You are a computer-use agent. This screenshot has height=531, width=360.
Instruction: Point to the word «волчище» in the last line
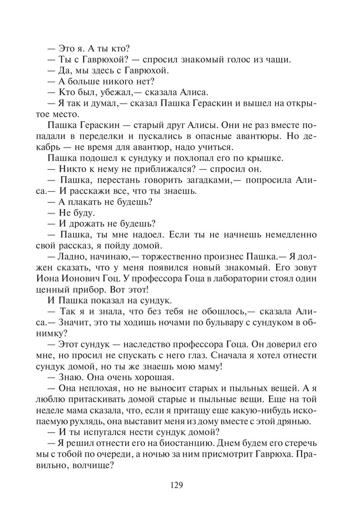point(93,468)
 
